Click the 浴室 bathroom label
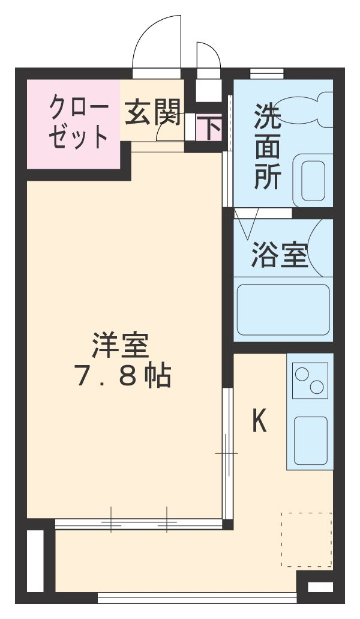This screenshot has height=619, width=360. pos(280,255)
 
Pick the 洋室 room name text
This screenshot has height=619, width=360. pos(121,346)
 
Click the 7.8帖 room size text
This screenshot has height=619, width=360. pos(122,376)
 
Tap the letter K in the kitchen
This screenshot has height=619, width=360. pos(259,421)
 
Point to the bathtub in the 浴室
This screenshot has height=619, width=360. pos(283,309)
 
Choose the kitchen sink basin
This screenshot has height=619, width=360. pos(310,440)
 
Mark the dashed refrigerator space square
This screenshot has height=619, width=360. pos(306,540)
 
